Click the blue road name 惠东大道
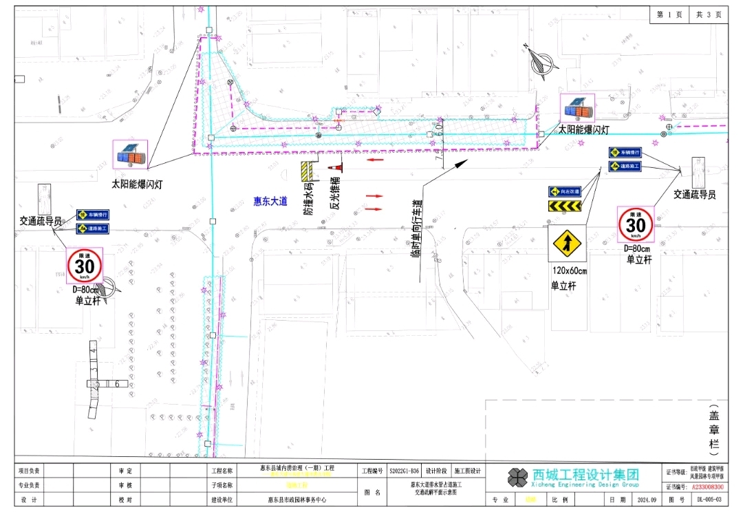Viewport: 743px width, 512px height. pyautogui.click(x=270, y=201)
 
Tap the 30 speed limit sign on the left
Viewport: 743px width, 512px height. pyautogui.click(x=84, y=265)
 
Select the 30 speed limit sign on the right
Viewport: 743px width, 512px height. pyautogui.click(x=636, y=224)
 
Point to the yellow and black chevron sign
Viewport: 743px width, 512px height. pyautogui.click(x=565, y=206)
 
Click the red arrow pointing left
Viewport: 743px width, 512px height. pyautogui.click(x=375, y=160)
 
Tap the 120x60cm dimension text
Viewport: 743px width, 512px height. pyautogui.click(x=568, y=271)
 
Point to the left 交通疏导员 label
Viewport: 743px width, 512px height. pyautogui.click(x=41, y=221)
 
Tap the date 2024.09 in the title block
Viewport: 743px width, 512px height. pyautogui.click(x=647, y=500)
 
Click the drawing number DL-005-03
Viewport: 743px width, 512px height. pyautogui.click(x=709, y=500)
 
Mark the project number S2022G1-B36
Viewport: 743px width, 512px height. pyautogui.click(x=404, y=471)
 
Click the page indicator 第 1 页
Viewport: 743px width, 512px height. pyautogui.click(x=669, y=14)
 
